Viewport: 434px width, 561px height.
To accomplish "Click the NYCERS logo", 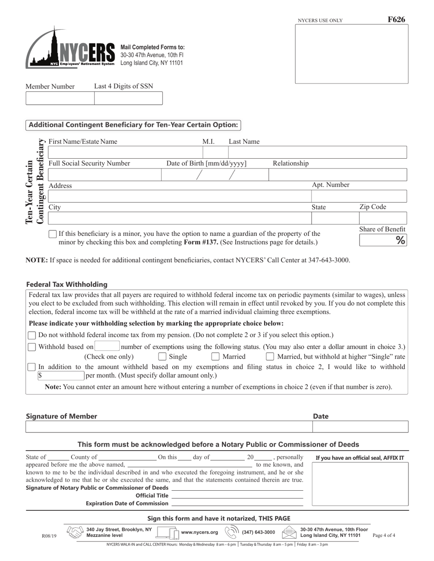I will coord(70,50).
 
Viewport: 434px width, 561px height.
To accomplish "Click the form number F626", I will coord(396,20).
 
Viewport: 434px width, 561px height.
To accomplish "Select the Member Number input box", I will coord(60,98).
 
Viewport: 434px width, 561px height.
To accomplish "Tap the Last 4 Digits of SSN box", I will coord(128,98).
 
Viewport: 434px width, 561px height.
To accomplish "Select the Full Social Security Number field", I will coord(104,175).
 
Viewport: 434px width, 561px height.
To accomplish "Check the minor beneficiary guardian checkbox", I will coord(53,234).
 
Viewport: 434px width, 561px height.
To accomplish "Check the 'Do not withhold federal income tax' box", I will coord(32,335).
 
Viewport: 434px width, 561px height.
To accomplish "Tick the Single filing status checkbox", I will coord(162,357).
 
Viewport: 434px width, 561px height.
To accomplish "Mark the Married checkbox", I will coord(215,357).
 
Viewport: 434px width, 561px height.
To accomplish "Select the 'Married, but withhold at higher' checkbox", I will coord(270,357).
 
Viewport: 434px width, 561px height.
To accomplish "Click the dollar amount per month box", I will coord(61,376).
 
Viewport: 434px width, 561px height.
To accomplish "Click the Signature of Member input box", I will coord(169,427).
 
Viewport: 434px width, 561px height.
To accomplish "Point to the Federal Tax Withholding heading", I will coord(67,284).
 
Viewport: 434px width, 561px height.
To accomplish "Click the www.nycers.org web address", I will coord(200,532).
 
